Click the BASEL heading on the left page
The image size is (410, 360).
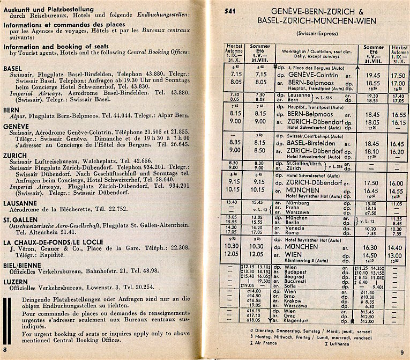click(x=13, y=69)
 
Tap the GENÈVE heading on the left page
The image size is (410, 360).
click(x=16, y=125)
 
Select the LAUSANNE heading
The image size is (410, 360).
click(x=20, y=203)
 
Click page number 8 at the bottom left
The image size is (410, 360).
click(x=5, y=349)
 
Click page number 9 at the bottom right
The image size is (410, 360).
click(x=403, y=351)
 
